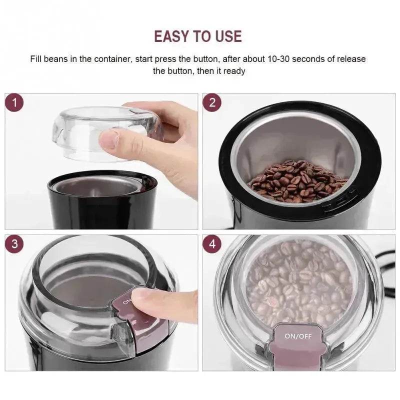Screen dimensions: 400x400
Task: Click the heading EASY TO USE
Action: click(x=197, y=36)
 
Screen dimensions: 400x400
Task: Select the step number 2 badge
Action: click(x=212, y=103)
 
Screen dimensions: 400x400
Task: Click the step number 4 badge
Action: click(x=212, y=244)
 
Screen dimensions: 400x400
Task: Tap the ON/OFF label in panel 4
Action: click(x=298, y=336)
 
